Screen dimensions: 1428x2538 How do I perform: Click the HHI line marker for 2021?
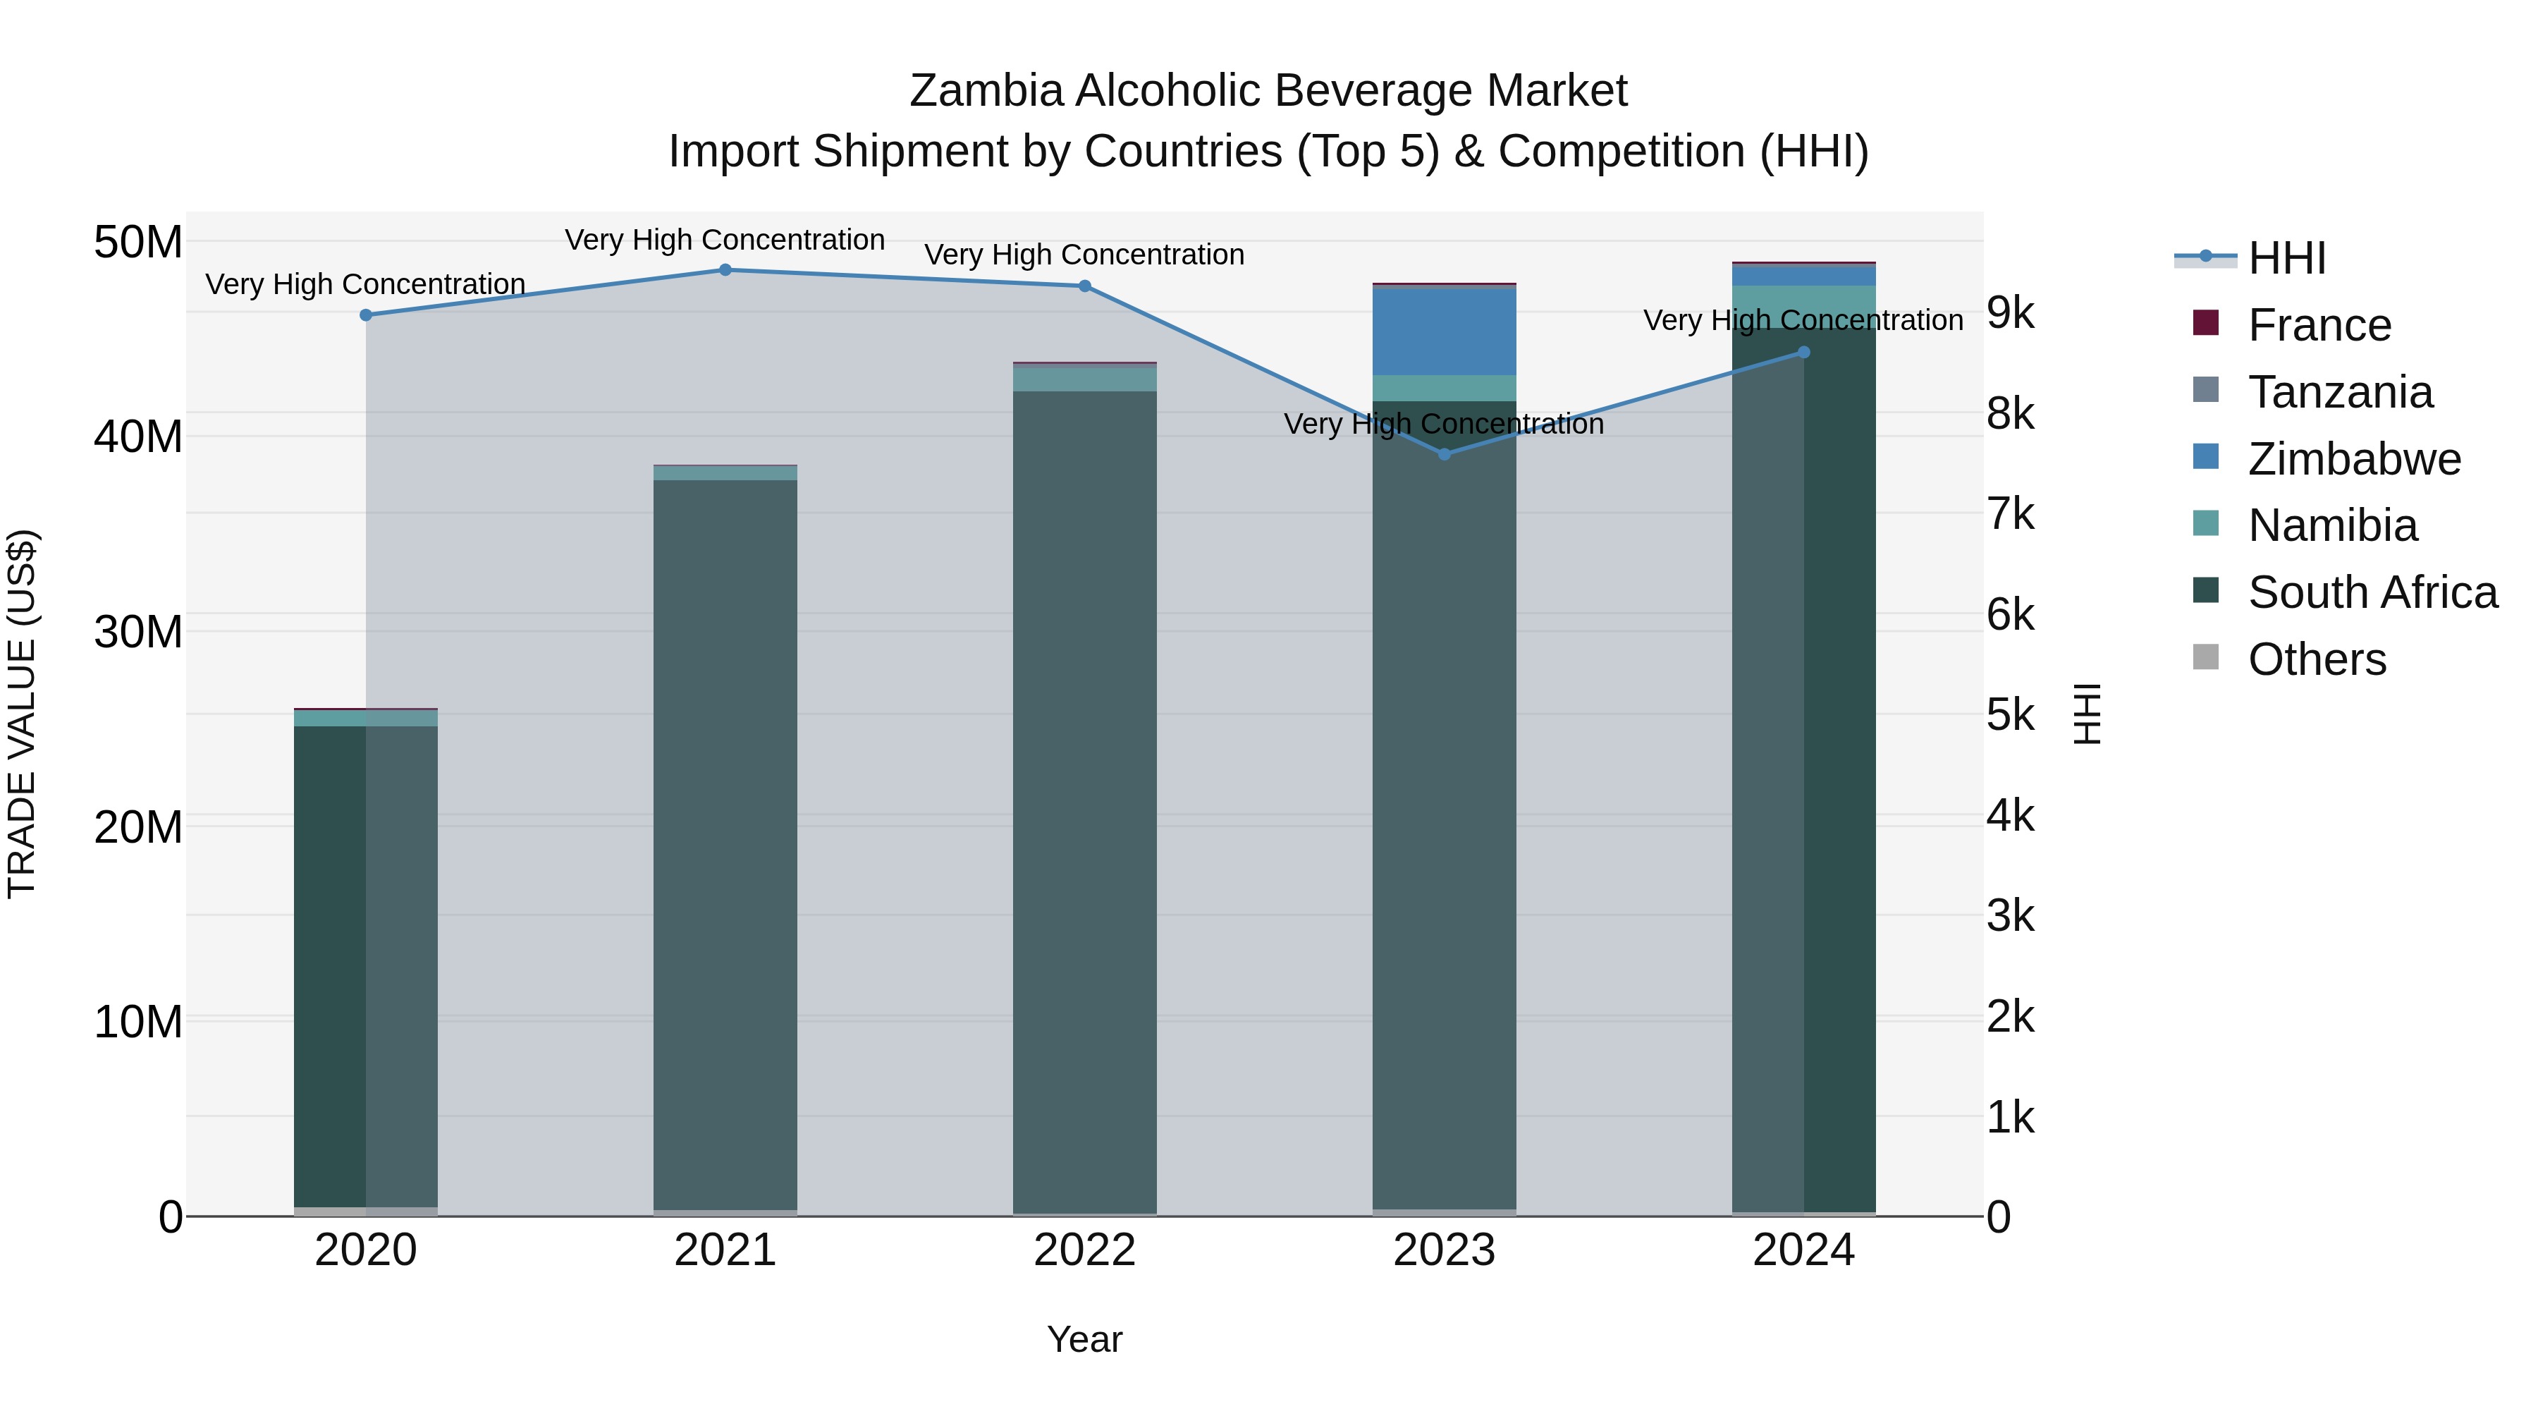(x=725, y=270)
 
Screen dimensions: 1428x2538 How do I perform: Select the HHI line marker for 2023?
(x=1445, y=454)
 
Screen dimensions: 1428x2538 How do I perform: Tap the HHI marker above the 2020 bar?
(x=365, y=315)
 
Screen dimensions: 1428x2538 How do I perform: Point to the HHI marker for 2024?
(x=1804, y=352)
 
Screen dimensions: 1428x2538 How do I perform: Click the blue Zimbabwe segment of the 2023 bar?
(x=1445, y=331)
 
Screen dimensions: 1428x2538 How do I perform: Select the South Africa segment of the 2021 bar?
(x=725, y=838)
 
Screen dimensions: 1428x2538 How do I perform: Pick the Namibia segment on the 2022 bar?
(x=1085, y=379)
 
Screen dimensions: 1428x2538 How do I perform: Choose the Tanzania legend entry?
(x=2340, y=392)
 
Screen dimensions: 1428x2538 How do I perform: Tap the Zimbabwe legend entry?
(x=2354, y=459)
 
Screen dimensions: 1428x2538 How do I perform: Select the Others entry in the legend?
(x=2317, y=659)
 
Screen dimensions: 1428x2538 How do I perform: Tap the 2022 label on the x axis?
(x=1085, y=1250)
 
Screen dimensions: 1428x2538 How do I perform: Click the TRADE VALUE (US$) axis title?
(x=22, y=714)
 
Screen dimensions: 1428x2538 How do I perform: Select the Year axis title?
(x=1085, y=1339)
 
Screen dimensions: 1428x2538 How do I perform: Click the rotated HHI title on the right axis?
(x=2088, y=714)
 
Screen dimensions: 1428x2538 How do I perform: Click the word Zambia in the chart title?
(x=986, y=91)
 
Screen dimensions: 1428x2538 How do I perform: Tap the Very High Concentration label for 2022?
(x=1085, y=255)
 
